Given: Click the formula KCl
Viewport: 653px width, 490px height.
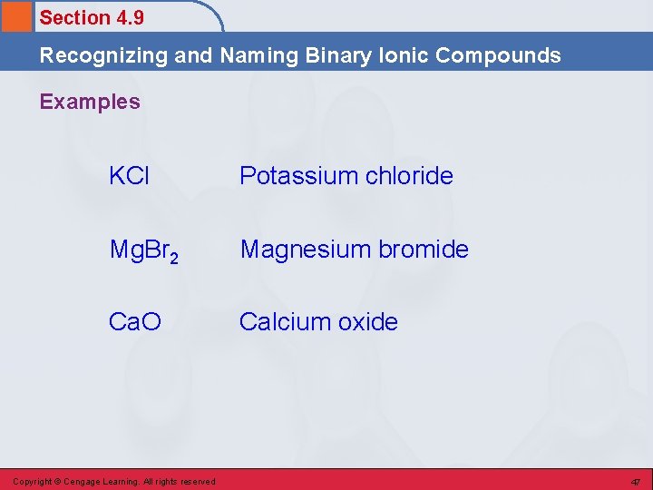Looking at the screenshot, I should (x=129, y=176).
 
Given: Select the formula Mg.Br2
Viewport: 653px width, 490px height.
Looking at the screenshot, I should (x=143, y=250).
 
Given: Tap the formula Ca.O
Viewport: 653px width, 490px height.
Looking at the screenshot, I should (x=134, y=322).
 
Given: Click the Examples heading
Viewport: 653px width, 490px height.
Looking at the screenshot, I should (x=90, y=102).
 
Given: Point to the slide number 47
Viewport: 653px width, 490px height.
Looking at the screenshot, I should (x=636, y=481).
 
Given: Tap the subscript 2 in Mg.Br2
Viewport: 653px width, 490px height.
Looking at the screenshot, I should (x=173, y=256).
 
